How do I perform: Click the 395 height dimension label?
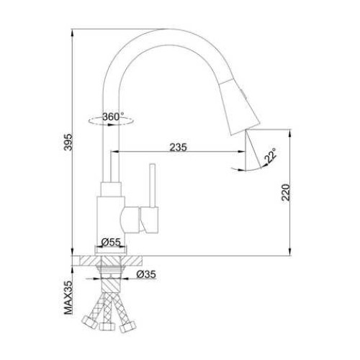click(x=69, y=142)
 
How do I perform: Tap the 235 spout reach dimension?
click(x=178, y=147)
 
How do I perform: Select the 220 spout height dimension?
click(x=286, y=192)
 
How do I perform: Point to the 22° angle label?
click(x=270, y=156)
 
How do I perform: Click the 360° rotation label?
click(x=113, y=117)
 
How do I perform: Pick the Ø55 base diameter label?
click(x=111, y=242)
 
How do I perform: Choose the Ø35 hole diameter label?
click(x=146, y=274)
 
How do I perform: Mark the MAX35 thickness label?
click(x=68, y=297)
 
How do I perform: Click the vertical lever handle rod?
click(x=152, y=186)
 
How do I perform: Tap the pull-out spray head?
click(x=240, y=107)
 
